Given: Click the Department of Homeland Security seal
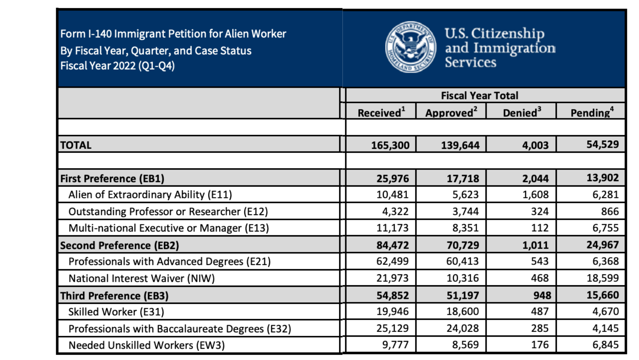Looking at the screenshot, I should click(411, 47).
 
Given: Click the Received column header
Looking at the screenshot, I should click(381, 113).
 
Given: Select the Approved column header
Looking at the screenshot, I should click(451, 113).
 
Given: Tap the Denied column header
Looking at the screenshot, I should click(522, 113).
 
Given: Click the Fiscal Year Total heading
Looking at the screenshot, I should click(479, 95).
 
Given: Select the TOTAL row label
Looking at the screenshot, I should click(76, 145).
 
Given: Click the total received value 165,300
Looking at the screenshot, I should click(390, 145).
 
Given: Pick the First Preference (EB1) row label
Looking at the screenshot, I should click(112, 178).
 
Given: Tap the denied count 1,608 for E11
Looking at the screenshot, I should click(535, 194).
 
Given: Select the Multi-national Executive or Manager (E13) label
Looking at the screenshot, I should click(168, 228).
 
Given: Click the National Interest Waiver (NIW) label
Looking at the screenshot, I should click(141, 278).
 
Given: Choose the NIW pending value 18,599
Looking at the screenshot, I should click(602, 278).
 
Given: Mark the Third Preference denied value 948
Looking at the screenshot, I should click(542, 295).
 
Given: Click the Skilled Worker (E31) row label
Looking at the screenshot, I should click(116, 312).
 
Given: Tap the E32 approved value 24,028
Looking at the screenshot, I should click(462, 328).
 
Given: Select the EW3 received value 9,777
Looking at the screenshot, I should click(392, 345).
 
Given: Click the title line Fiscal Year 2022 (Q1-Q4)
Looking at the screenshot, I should click(117, 65).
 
